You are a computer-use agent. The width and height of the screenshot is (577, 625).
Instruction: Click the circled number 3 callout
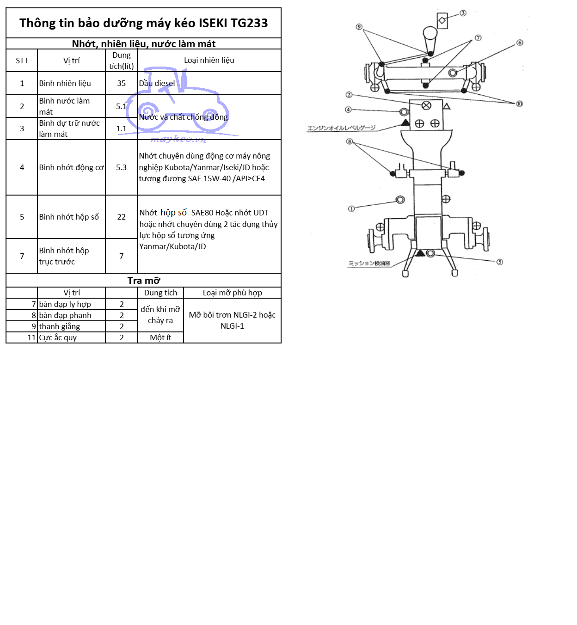pos(463,13)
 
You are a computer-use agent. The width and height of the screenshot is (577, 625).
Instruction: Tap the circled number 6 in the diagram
pos(520,43)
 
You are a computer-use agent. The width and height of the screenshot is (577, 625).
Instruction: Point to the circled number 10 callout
pos(520,104)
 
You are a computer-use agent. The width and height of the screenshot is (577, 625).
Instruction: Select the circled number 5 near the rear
pos(500,262)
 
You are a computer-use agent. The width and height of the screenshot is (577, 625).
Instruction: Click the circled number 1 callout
pos(351,209)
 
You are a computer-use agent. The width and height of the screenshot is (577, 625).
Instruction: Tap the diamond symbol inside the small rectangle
pos(442,20)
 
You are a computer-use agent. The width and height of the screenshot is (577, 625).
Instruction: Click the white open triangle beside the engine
pos(447,106)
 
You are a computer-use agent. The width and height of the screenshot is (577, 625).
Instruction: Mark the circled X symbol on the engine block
pos(426,105)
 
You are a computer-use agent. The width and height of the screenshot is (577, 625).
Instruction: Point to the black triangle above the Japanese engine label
pos(405,123)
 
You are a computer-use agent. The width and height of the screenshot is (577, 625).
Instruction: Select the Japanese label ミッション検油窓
pos(369,263)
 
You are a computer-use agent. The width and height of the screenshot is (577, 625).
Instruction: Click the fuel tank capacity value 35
pos(121,84)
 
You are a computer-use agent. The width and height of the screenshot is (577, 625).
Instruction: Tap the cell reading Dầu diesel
pos(157,84)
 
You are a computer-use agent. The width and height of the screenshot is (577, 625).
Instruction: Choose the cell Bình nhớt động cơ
pos(71,168)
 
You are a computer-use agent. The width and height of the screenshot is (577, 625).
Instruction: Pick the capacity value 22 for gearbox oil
pos(121,217)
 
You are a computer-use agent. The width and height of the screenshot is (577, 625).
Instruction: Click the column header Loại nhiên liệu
pos(209,61)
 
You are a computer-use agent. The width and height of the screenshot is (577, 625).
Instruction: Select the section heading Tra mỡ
pos(144,281)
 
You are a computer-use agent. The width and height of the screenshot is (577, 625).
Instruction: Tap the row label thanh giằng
pos(60,327)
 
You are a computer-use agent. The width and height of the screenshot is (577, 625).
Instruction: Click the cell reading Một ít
pos(160,338)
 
